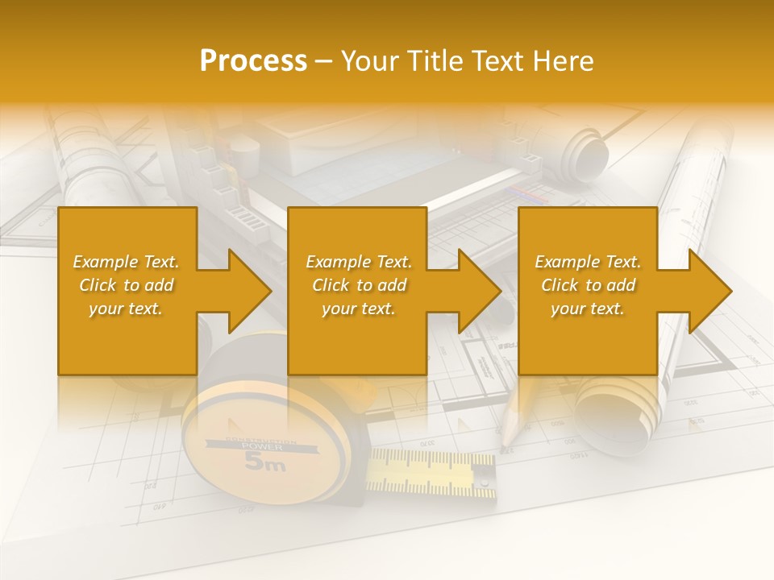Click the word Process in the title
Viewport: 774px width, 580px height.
253,61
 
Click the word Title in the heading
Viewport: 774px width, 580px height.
436,61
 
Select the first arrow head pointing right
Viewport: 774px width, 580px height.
246,291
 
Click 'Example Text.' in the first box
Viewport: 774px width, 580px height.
126,262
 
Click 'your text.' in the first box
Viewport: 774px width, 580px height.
126,309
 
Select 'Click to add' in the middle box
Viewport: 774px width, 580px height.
359,285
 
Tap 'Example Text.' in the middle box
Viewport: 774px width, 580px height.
359,262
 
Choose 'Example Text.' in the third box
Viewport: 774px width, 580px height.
588,262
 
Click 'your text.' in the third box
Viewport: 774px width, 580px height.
588,309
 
